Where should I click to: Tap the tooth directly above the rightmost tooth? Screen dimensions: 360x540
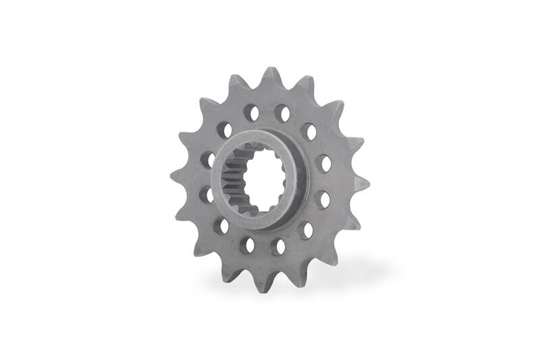tap(357, 144)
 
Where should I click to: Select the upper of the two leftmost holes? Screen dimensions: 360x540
tap(207, 159)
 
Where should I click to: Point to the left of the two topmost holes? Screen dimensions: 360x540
tap(251, 111)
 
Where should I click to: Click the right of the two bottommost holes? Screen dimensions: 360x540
tap(278, 247)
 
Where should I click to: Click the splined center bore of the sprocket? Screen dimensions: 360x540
tap(258, 180)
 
